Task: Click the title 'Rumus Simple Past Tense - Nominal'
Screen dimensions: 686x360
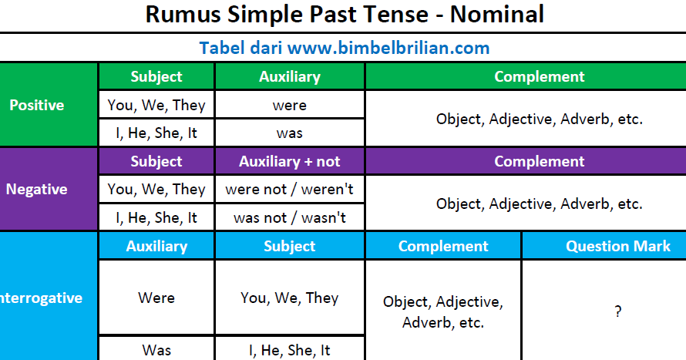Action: tap(345, 15)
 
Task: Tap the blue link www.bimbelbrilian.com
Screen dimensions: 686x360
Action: tap(388, 48)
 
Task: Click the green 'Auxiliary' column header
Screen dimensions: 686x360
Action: tap(290, 76)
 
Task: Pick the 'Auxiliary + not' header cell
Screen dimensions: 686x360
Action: tap(290, 161)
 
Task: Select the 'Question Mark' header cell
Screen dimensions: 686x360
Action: tap(604, 246)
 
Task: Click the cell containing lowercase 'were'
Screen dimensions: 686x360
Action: tap(290, 105)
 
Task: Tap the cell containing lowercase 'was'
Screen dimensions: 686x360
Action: tap(290, 133)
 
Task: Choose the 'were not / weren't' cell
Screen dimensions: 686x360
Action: tap(290, 190)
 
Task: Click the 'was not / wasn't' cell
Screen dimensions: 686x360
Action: tap(290, 217)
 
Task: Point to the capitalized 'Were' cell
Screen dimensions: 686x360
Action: tap(156, 298)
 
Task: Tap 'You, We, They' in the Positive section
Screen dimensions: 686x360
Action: tap(156, 105)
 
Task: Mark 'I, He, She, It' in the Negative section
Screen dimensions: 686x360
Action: tap(156, 217)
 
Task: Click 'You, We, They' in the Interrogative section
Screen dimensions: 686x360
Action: tap(290, 298)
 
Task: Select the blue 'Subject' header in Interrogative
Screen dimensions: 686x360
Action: tap(290, 246)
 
